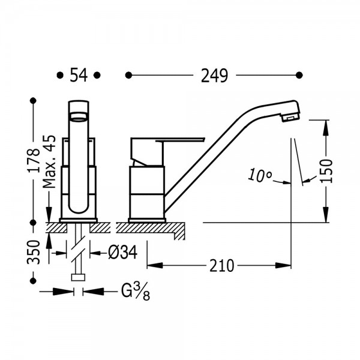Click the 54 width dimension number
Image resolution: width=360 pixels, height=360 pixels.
click(79, 75)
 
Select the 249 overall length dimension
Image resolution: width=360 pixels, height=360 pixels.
click(214, 76)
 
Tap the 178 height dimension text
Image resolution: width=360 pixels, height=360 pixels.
click(34, 160)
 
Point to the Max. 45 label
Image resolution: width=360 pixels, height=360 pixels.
click(49, 161)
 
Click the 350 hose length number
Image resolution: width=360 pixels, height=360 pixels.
click(34, 252)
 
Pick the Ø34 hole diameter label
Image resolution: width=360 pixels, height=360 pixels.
click(122, 253)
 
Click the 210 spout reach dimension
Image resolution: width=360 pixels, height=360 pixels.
click(222, 266)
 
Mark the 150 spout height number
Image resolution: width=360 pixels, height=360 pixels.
click(326, 171)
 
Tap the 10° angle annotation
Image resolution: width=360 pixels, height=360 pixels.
click(260, 176)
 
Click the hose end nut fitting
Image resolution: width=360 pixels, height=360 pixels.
click(78, 277)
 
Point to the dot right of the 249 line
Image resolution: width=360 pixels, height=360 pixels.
click(299, 75)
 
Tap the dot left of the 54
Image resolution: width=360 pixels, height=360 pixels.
click(60, 75)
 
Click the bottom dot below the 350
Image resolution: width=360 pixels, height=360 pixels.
click(34, 281)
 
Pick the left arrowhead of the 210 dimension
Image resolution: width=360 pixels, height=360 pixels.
click(155, 266)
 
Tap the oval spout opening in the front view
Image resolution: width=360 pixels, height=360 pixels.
click(79, 116)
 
